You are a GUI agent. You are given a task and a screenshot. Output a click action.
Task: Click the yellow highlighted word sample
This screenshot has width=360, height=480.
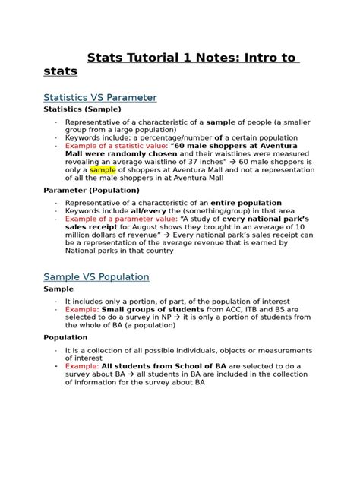[103, 171]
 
